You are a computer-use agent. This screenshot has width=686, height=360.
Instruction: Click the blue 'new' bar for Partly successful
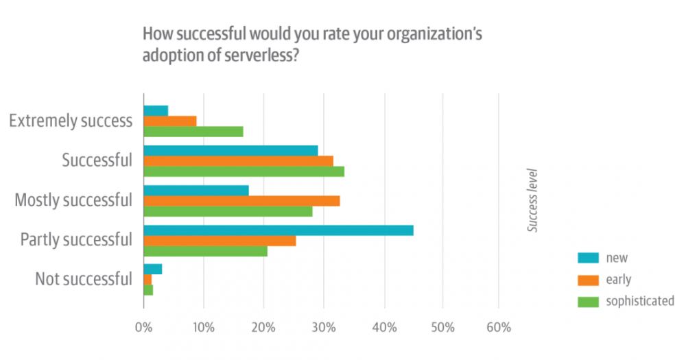[x=278, y=230]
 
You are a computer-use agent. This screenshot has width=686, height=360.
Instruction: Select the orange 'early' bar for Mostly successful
[x=241, y=201]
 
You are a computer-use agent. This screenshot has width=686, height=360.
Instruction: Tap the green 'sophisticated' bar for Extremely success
[x=193, y=132]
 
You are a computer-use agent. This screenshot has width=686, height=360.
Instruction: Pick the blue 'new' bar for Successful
[x=230, y=150]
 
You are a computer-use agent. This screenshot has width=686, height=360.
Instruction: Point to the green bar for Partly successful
[x=205, y=251]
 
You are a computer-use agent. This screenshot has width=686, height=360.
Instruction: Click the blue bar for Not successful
[x=152, y=269]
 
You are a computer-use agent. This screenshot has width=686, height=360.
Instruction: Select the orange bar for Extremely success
[x=170, y=121]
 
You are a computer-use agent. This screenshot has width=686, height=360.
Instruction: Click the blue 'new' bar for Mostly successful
[x=196, y=191]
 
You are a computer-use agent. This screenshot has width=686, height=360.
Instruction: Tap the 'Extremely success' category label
[x=70, y=121]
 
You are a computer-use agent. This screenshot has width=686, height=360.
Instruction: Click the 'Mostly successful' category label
[x=73, y=200]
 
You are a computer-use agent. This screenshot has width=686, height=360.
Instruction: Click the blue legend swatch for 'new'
[x=589, y=258]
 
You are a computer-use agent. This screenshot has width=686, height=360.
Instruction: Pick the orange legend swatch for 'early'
[x=589, y=280]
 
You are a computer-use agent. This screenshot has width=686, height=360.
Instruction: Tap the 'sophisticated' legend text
[x=640, y=301]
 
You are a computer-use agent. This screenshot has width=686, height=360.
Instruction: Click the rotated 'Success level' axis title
[x=532, y=200]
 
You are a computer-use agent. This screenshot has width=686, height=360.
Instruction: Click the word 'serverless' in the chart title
[x=261, y=56]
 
